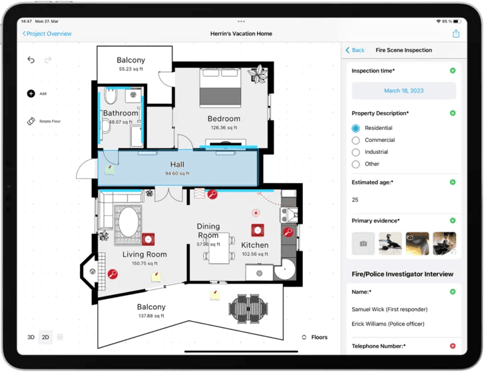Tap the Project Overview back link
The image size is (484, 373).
coord(47,34)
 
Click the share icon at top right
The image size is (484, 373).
coord(456,34)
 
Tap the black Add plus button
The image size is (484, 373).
coord(31,94)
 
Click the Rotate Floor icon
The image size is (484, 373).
coord(31,121)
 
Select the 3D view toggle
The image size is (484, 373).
coord(31,338)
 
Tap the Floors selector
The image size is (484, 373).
coord(315,338)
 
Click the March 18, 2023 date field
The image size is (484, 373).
coord(403,91)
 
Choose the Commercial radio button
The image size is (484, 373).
coord(356,141)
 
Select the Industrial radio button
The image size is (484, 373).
coord(356,153)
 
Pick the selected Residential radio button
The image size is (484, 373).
coord(356,129)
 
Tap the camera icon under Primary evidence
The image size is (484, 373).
coord(363,244)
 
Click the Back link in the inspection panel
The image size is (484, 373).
coord(355,51)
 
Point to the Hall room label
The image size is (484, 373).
coord(177,165)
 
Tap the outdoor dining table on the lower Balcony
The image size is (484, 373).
coord(248,307)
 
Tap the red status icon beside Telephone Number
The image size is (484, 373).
coord(453,346)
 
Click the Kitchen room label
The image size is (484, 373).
coord(254,245)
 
